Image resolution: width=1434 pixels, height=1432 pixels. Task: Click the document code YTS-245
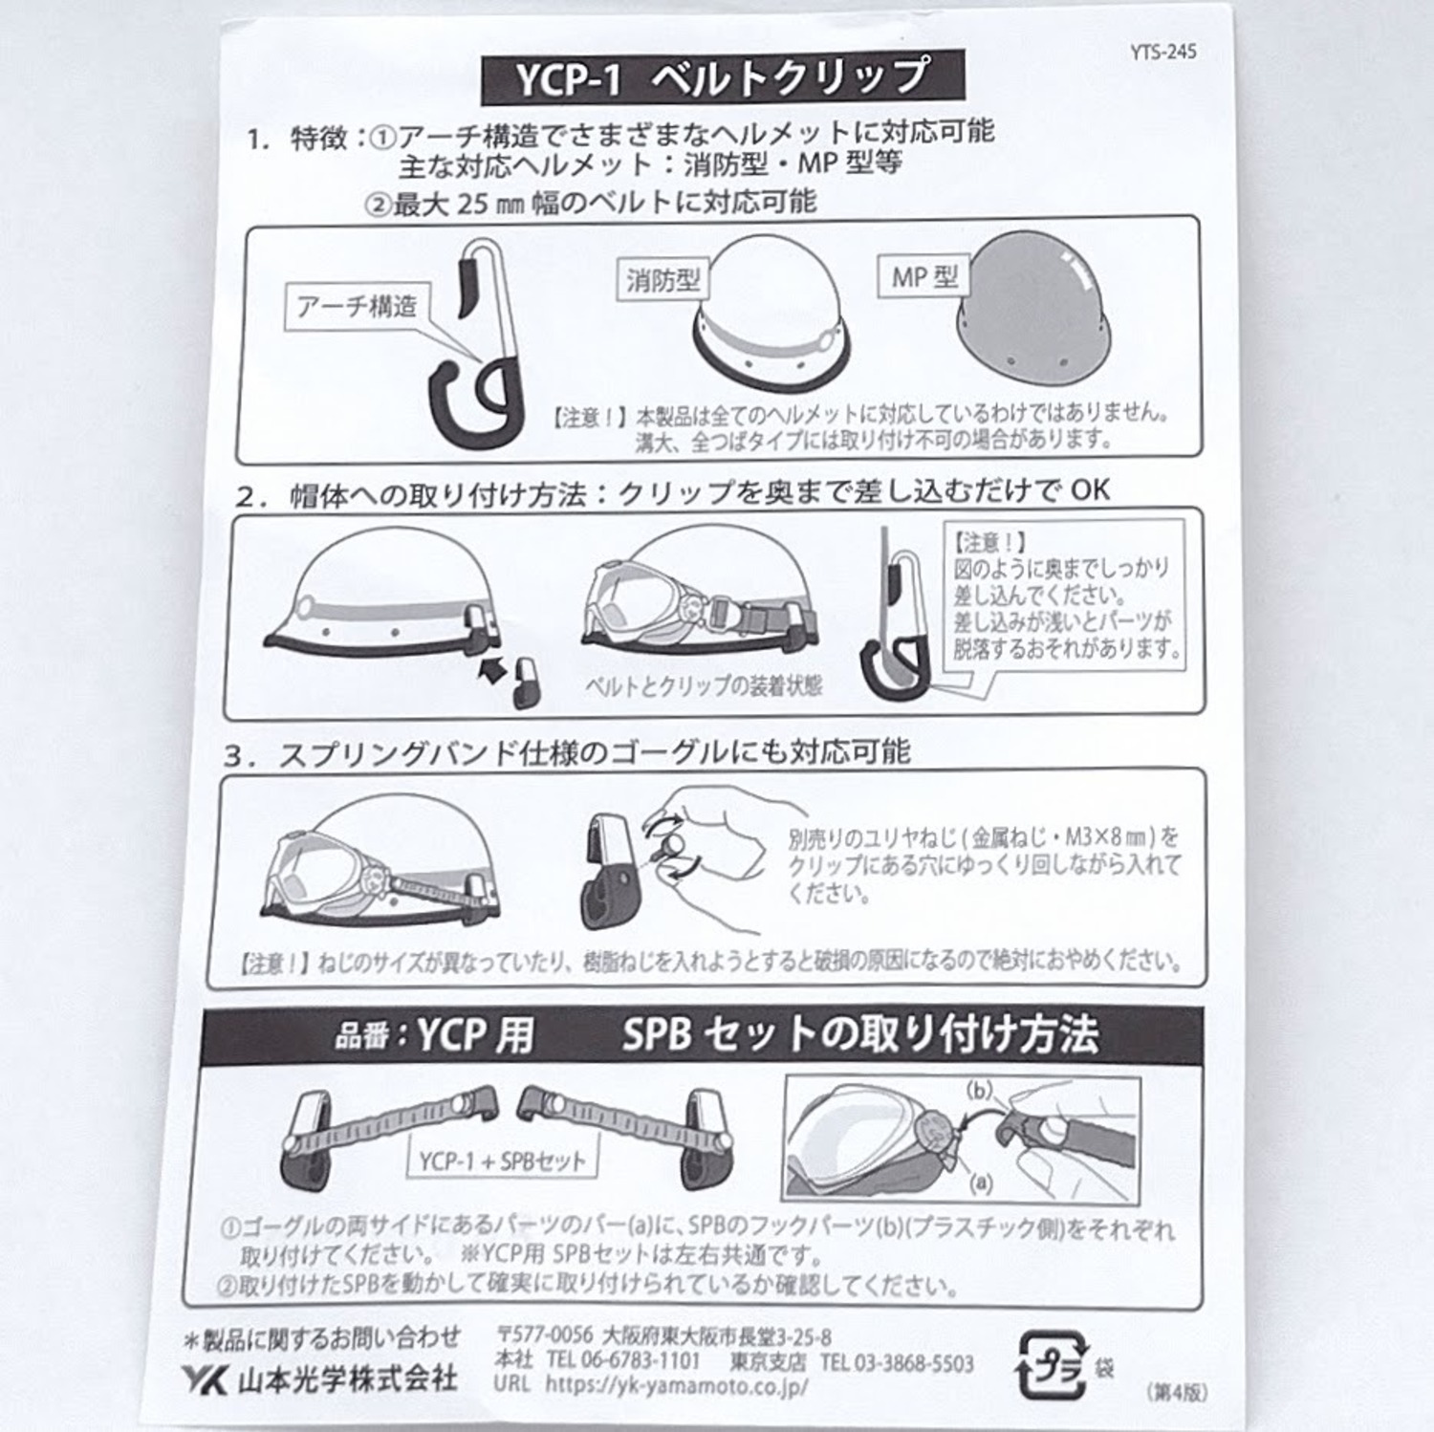click(1162, 52)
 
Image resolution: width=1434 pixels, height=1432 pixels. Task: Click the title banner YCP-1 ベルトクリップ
click(723, 77)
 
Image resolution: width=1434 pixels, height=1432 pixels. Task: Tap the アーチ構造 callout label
click(358, 307)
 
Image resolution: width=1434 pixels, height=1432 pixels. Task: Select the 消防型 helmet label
click(663, 280)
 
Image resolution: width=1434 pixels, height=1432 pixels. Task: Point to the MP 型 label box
click(923, 277)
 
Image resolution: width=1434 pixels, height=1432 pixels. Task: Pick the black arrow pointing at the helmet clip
click(494, 669)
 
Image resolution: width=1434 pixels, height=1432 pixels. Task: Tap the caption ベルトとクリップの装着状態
click(703, 685)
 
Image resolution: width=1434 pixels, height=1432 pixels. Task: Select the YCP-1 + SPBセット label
click(502, 1161)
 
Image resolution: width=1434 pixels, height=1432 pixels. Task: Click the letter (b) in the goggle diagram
click(979, 1091)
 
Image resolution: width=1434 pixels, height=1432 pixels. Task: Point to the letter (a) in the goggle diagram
click(980, 1182)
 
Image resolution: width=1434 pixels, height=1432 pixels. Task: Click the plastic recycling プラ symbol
click(1050, 1364)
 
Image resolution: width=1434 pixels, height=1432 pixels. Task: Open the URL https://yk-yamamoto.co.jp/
click(677, 1384)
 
